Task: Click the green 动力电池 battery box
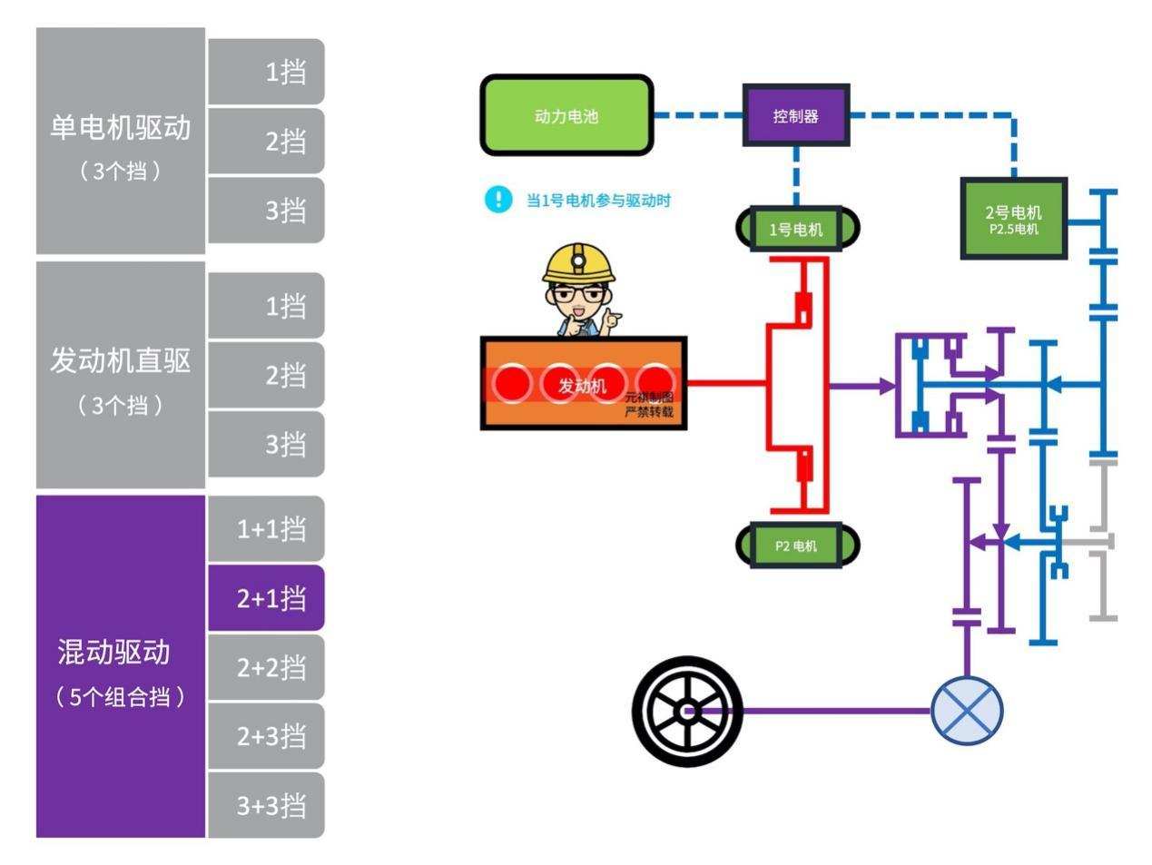point(566,115)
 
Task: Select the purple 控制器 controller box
point(796,115)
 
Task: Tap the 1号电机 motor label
point(796,229)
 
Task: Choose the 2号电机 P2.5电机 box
point(1013,219)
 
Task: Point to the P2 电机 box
point(796,546)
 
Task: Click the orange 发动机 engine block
point(583,384)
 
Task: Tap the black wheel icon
point(687,711)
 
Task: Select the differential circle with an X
point(967,711)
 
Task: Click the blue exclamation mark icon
point(498,200)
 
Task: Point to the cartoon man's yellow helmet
point(578,261)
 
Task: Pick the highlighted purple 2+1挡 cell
point(267,598)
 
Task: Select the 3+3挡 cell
point(267,805)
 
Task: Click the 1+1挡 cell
point(267,529)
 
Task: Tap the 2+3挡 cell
point(267,736)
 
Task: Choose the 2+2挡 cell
point(267,667)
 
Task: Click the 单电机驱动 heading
point(121,128)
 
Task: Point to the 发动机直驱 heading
point(121,361)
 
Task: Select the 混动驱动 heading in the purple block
point(114,652)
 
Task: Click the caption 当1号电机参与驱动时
point(598,201)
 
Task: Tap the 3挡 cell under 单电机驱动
point(267,210)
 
